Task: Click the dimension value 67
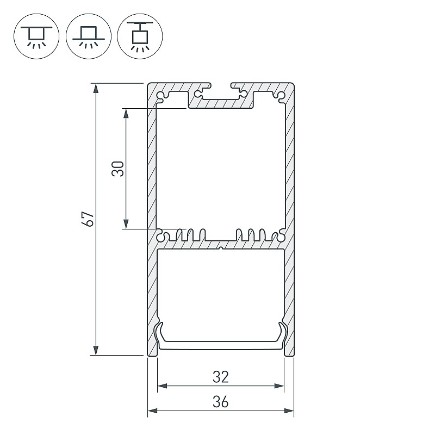[x=88, y=219]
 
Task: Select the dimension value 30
[x=117, y=169]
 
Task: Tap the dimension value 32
[x=221, y=377]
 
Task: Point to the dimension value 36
[x=221, y=402]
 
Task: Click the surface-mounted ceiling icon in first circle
[x=36, y=36]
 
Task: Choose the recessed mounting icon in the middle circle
[x=89, y=36]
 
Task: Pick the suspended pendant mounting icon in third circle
[x=140, y=36]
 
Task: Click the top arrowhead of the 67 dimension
[x=96, y=88]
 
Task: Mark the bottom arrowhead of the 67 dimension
[x=96, y=350]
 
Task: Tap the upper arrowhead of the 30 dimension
[x=126, y=114]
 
